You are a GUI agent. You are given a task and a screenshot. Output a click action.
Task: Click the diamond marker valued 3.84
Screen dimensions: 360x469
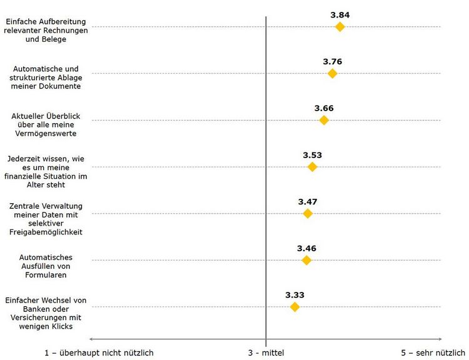coord(340,27)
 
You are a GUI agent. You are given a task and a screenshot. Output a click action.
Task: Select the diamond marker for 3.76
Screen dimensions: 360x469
coord(332,74)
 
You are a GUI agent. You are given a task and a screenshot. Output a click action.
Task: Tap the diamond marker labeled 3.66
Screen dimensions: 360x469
coord(323,120)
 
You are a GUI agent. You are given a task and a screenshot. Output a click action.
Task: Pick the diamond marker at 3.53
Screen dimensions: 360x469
coord(312,167)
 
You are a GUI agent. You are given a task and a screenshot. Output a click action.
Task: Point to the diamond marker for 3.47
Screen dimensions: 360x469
coord(307,214)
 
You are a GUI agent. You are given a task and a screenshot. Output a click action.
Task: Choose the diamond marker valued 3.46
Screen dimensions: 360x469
coord(306,260)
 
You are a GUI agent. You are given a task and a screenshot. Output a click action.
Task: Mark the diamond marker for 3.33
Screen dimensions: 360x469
coord(295,307)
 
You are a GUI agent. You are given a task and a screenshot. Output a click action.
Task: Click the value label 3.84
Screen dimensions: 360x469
coord(340,14)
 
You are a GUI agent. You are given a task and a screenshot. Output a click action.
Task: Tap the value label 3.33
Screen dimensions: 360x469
coord(295,294)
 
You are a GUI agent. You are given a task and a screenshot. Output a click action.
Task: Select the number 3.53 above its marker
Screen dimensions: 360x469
coord(312,154)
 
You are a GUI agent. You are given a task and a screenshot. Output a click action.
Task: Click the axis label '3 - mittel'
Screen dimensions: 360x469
coord(266,352)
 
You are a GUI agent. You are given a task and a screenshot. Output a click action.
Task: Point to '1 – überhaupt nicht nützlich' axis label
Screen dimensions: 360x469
coord(99,352)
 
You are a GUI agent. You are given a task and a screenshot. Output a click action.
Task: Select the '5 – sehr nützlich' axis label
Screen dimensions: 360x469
coord(433,352)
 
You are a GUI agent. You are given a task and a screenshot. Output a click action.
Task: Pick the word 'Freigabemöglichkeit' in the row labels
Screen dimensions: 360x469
coord(46,232)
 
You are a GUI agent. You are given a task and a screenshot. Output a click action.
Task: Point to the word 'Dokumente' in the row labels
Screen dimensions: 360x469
coord(62,86)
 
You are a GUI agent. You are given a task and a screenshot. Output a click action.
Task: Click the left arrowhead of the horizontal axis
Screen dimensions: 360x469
coord(93,339)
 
